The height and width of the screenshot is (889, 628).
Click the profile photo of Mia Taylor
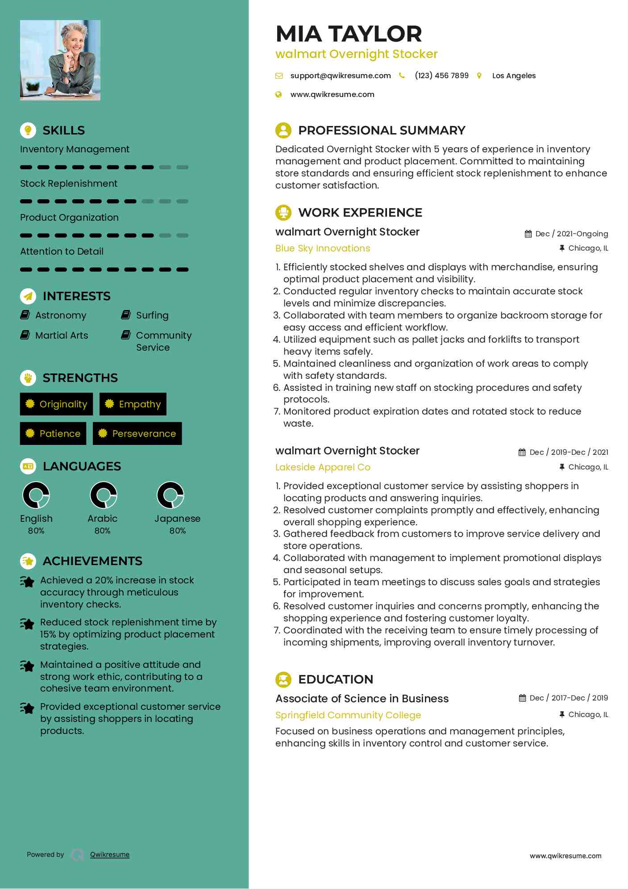point(60,60)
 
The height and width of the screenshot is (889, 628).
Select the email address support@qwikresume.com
point(340,76)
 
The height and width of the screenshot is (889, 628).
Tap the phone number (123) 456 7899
point(441,76)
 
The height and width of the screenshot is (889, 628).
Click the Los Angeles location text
point(514,76)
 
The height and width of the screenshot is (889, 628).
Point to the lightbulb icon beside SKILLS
point(28,130)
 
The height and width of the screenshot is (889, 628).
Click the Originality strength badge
point(56,404)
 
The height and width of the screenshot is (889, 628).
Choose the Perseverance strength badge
point(137,434)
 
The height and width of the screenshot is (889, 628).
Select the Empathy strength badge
point(133,404)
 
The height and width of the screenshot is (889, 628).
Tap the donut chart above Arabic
point(104,495)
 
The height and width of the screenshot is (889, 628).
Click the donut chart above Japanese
point(171,495)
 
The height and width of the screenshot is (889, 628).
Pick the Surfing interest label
point(152,315)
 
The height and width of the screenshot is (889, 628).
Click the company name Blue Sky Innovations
point(323,248)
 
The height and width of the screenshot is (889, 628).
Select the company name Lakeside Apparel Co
point(323,467)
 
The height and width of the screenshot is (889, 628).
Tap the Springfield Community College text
point(348,715)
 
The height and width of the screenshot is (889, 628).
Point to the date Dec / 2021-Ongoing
point(571,234)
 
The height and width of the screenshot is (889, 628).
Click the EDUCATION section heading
point(335,679)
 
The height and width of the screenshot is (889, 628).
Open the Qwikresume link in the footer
point(110,855)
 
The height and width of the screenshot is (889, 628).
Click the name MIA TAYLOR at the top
point(349,34)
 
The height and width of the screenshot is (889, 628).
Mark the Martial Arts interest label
point(62,335)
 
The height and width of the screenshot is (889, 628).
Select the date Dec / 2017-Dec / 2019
point(569,698)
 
